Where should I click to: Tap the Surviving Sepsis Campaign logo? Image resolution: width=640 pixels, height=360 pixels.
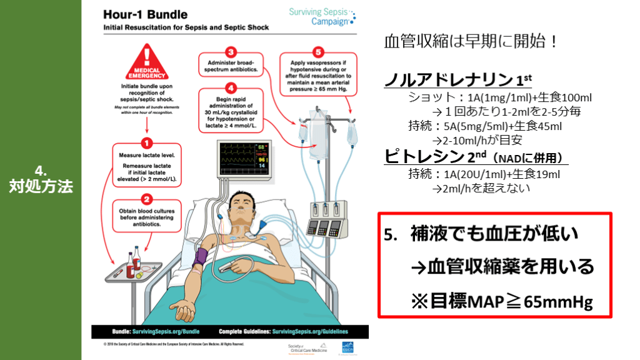322,16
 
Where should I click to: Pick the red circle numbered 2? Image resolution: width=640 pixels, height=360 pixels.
147,199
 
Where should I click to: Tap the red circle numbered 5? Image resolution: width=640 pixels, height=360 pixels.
319,52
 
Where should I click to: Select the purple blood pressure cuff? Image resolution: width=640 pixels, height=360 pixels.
202,257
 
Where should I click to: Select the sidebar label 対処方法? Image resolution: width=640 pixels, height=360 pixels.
41,186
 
